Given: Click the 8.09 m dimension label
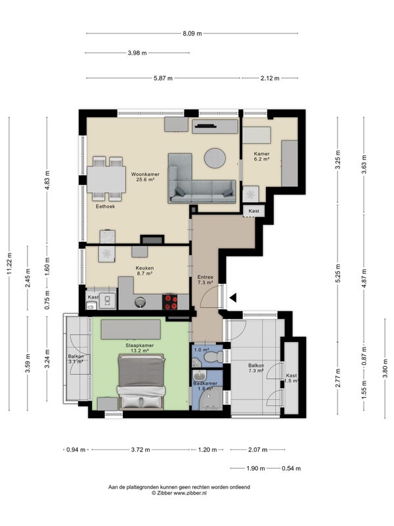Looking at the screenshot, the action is point(192,34).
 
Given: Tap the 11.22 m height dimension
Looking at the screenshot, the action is point(9,264).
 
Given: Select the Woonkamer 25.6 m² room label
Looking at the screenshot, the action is point(145,177).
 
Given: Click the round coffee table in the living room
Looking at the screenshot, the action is point(215,158).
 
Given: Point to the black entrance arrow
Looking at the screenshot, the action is point(233,298).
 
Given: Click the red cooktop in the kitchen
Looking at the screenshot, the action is point(170,302).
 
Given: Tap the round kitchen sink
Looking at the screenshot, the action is point(141,302).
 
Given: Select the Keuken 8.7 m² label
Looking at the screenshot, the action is point(144,271).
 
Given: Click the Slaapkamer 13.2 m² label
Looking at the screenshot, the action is point(140,348).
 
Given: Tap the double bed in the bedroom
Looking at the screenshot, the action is point(141,382).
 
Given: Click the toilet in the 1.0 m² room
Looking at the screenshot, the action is point(215,356).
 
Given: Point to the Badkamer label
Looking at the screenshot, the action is point(205,383).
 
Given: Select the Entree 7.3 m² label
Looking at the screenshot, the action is point(205,280).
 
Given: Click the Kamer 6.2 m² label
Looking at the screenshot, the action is point(261,156).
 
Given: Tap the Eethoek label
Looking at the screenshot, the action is point(105,206).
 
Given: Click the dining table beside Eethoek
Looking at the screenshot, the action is point(106,179).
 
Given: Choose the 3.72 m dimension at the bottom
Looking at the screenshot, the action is point(141,450).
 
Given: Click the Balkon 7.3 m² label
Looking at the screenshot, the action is point(256,368).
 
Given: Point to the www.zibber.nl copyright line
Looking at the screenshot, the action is point(179,493).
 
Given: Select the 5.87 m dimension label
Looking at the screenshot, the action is point(163,78).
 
